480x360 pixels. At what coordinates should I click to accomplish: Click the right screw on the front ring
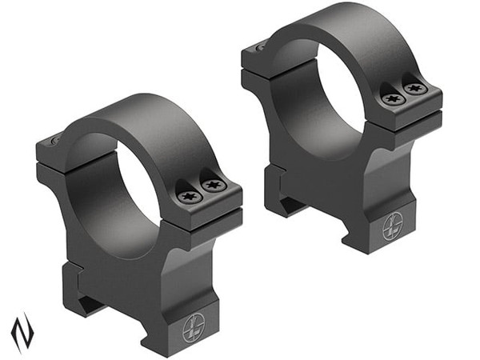coord(213,186)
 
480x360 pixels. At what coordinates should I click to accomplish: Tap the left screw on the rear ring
coord(392,98)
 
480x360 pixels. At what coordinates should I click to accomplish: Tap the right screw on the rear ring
coord(414,89)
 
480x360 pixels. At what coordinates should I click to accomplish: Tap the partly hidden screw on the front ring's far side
coord(54,142)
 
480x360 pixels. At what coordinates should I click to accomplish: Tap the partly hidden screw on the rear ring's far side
coord(260,47)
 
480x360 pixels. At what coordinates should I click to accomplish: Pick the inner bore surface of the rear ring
coord(300,104)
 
